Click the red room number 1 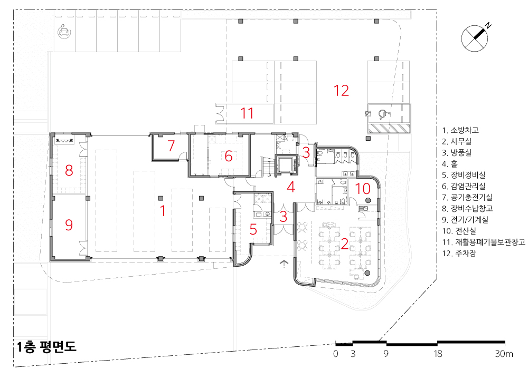click(x=163, y=211)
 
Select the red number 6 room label click(x=229, y=156)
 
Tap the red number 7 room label click(x=171, y=146)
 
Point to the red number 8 click(x=69, y=170)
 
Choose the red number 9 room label click(x=69, y=225)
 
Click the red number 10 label click(x=363, y=189)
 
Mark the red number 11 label click(x=247, y=113)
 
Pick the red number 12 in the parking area click(x=341, y=90)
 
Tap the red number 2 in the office click(x=344, y=244)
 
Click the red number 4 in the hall click(x=291, y=187)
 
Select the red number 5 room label click(x=253, y=229)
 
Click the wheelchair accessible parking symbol click(x=383, y=114)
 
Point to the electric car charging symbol click(x=63, y=32)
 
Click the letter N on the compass click(x=488, y=25)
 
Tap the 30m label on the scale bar click(x=504, y=354)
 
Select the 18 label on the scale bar click(x=438, y=354)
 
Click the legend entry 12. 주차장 click(x=459, y=253)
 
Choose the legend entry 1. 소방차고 click(x=460, y=130)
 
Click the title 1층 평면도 click(x=46, y=347)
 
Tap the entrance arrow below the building click(x=284, y=264)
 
